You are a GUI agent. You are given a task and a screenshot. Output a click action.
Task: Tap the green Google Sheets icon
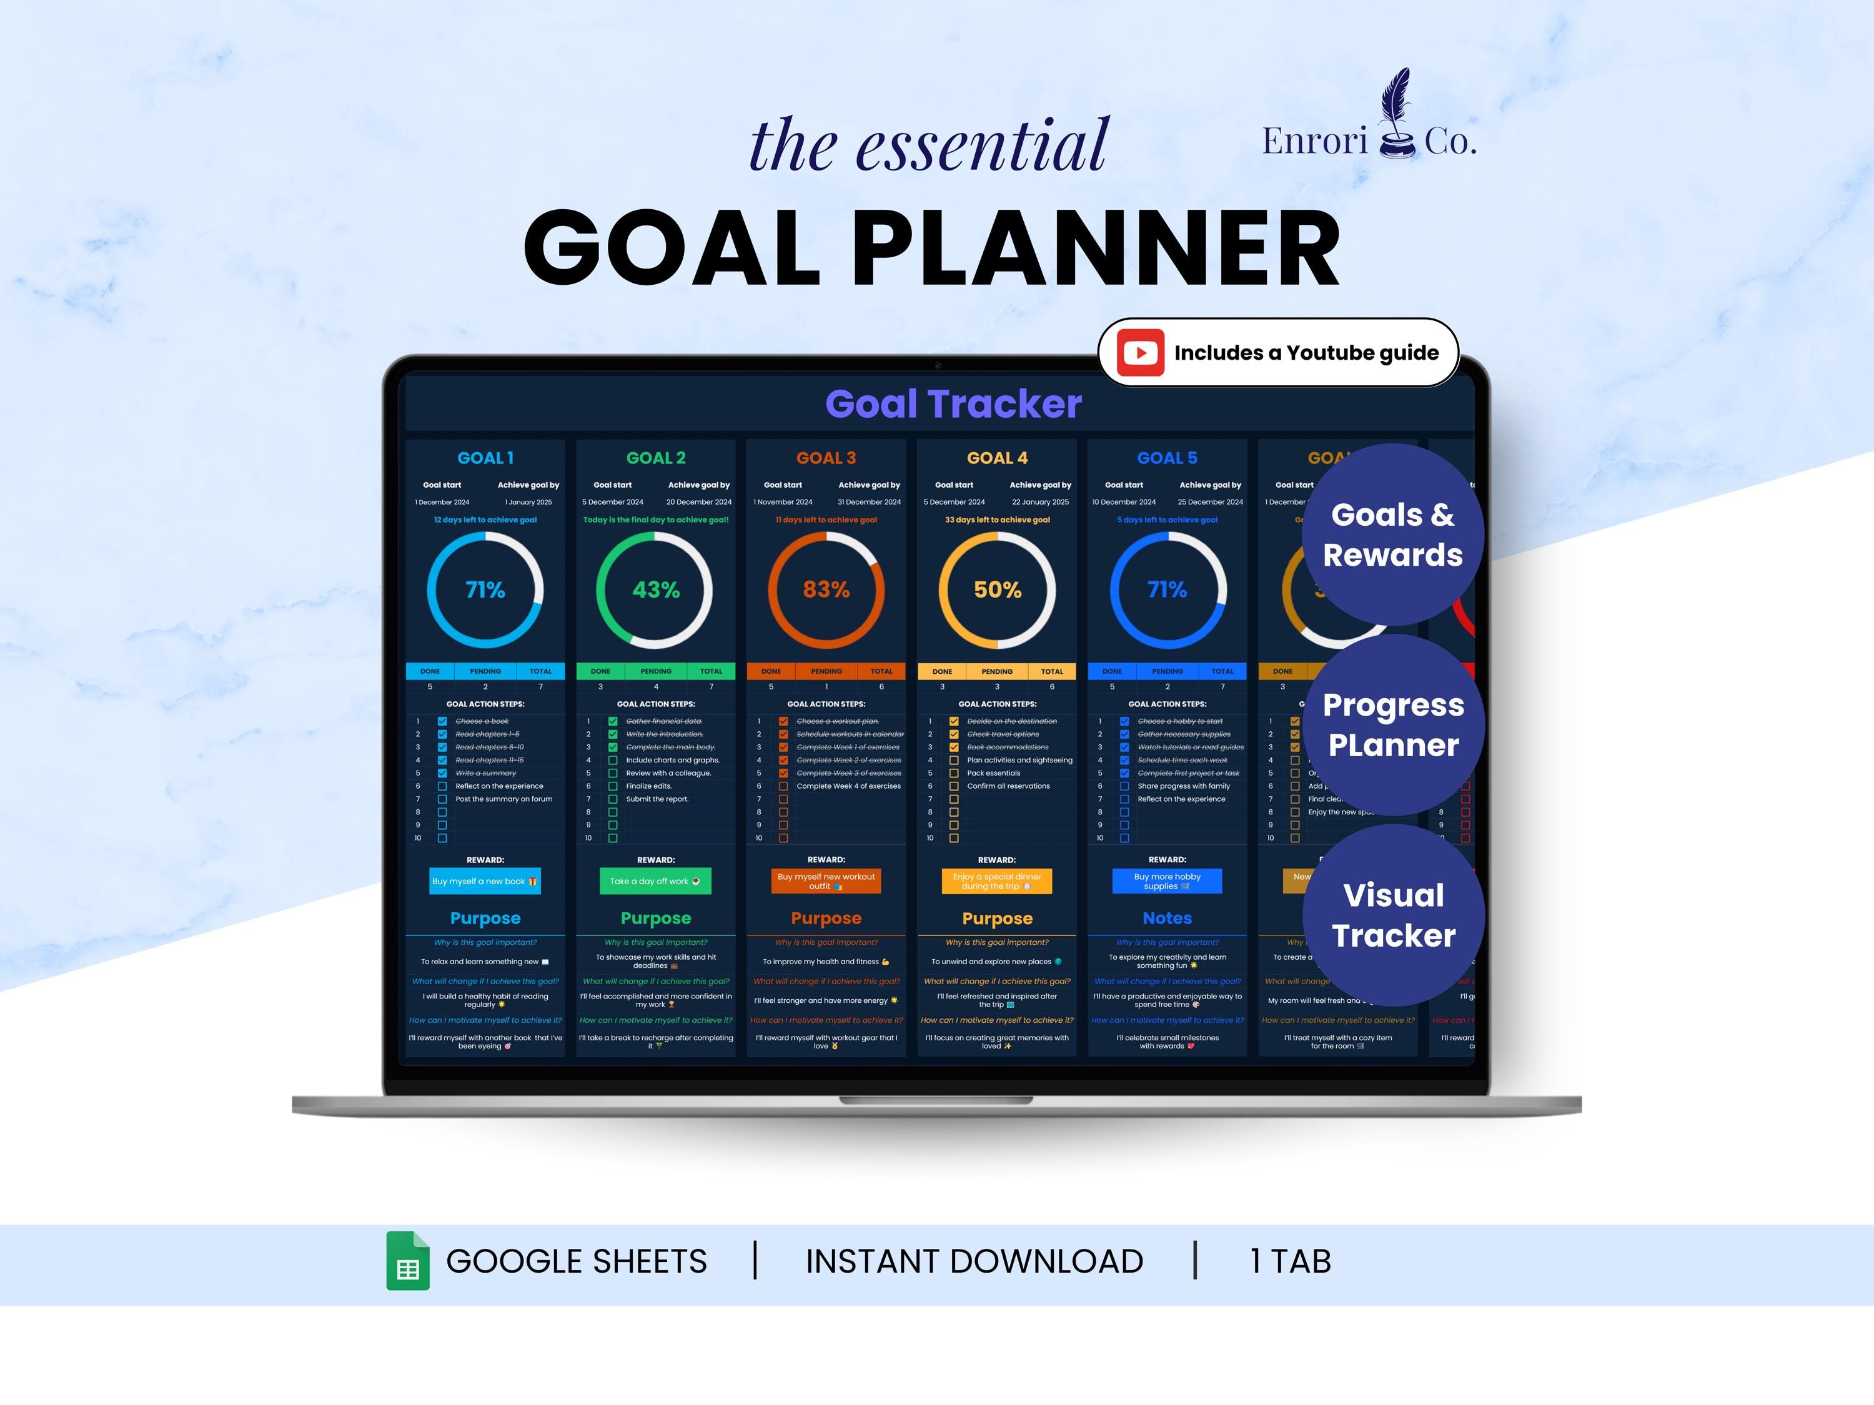tap(407, 1260)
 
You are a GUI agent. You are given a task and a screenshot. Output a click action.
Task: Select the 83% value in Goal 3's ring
tap(826, 589)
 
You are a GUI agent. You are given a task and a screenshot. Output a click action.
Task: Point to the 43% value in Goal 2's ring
tap(656, 589)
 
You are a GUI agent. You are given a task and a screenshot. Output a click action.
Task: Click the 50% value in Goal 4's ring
tap(997, 589)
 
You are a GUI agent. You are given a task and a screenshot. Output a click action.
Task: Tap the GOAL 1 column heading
tap(485, 458)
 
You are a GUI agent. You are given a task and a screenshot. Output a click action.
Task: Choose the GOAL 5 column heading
tap(1167, 458)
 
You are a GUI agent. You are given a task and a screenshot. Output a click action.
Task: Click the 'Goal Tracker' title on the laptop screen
tap(953, 404)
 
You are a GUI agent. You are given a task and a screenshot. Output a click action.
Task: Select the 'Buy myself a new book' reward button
tap(485, 880)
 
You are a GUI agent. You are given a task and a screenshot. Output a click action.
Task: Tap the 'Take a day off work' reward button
tap(655, 880)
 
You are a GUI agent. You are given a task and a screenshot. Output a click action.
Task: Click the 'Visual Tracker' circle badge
tap(1393, 915)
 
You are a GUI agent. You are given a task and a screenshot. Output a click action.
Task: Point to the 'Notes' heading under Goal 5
tap(1167, 918)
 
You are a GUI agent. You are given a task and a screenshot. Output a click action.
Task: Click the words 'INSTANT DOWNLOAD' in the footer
tap(974, 1261)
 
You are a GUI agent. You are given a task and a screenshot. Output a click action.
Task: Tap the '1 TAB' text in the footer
tap(1291, 1261)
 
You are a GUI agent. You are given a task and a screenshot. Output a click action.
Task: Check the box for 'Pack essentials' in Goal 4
tap(954, 773)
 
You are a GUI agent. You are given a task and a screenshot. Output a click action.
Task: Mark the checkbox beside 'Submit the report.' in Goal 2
tap(613, 799)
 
